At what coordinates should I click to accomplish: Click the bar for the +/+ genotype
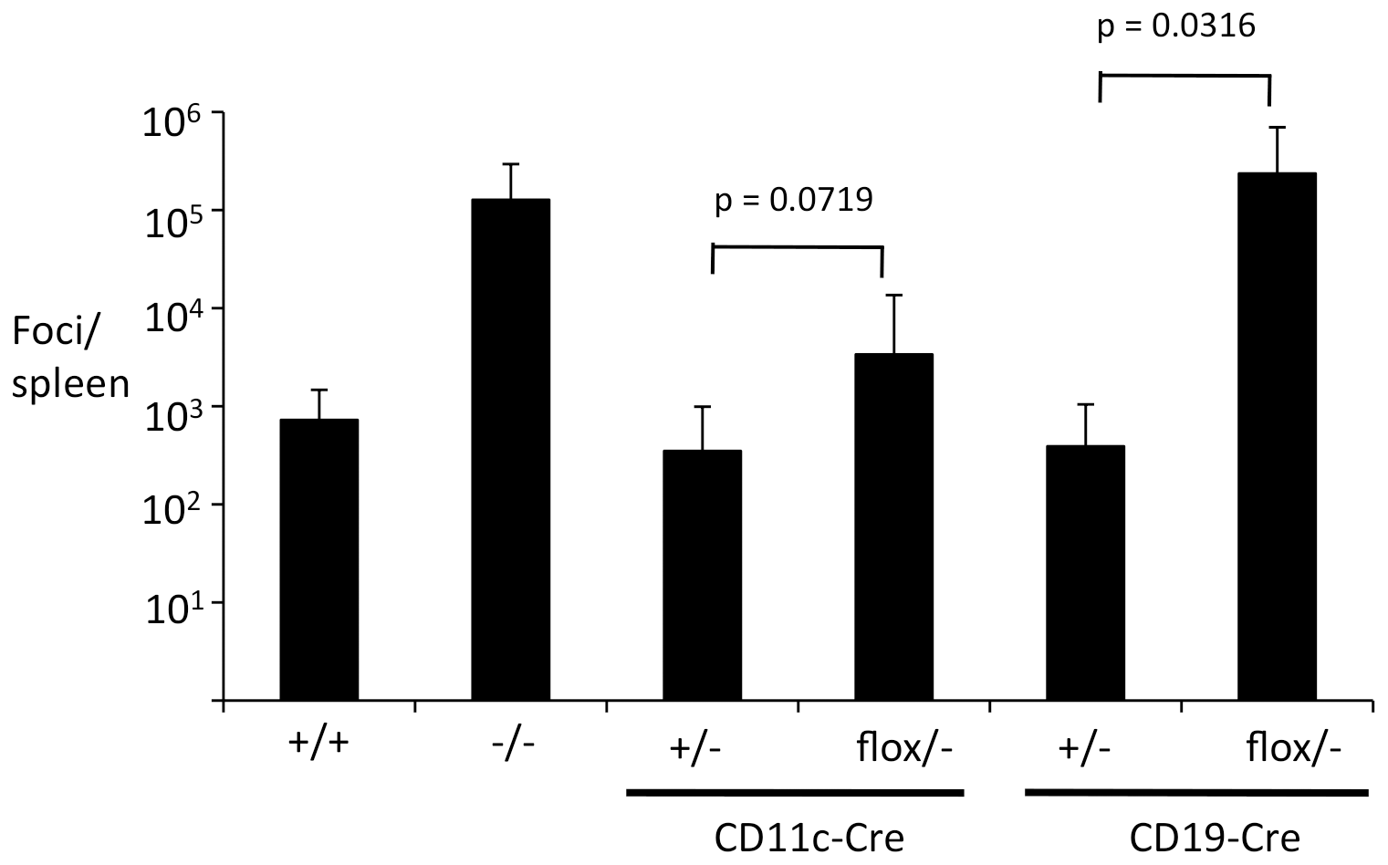coord(318,559)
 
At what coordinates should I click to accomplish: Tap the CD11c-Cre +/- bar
coord(702,575)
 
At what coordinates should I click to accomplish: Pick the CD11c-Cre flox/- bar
coord(893,526)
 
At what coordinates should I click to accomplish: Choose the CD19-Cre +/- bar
coord(1085,572)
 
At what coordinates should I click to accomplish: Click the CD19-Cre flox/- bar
coord(1277,436)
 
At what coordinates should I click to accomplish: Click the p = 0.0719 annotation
coord(793,199)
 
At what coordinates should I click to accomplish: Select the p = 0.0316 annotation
coord(1175,26)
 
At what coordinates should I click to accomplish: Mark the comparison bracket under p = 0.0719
coord(797,247)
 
